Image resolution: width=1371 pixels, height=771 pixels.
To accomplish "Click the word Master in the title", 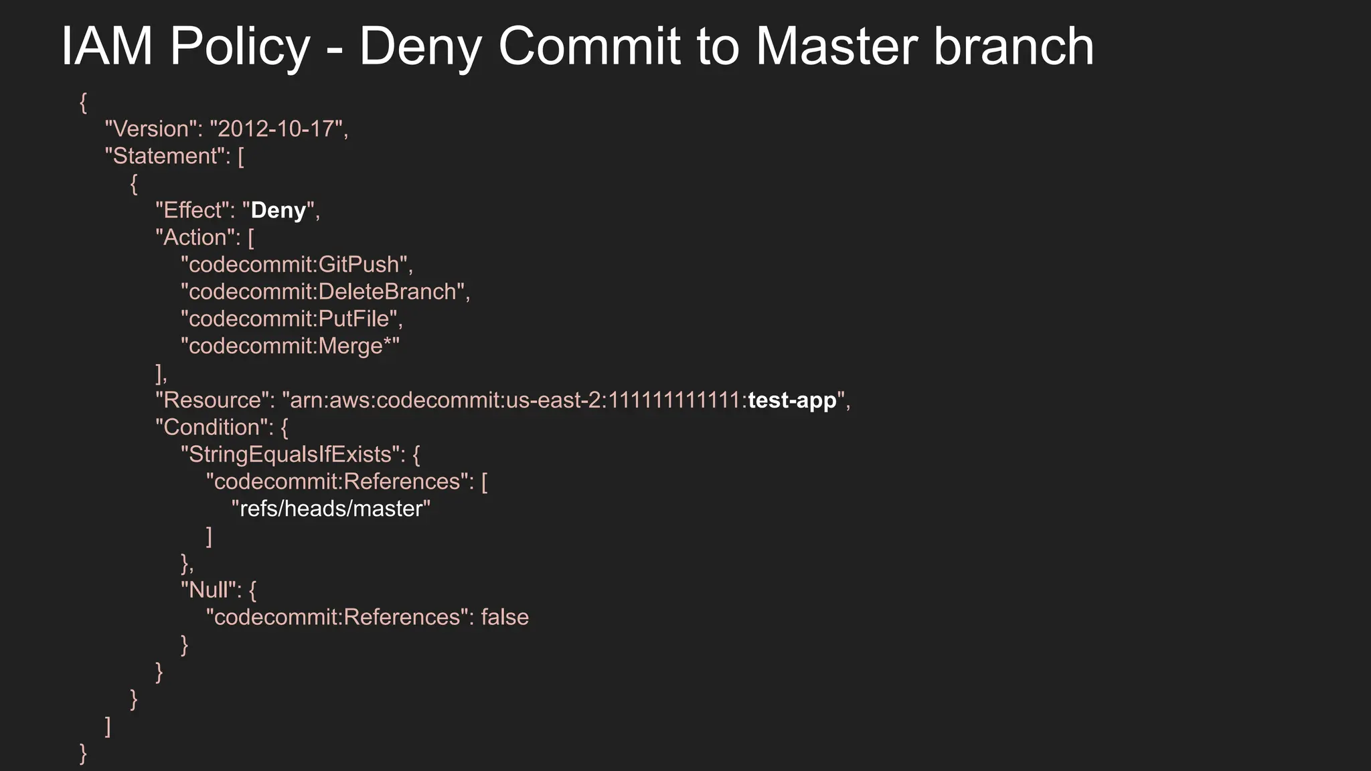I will click(837, 46).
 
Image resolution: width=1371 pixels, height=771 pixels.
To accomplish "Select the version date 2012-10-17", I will click(276, 128).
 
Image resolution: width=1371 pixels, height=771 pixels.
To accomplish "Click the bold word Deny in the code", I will click(278, 210).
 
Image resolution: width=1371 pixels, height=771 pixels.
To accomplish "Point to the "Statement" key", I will click(165, 156).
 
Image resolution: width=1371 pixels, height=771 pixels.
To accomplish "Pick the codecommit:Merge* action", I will click(290, 346).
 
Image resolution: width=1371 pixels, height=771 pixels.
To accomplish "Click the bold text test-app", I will click(792, 400).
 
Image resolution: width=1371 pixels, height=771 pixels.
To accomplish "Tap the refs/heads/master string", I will click(331, 509).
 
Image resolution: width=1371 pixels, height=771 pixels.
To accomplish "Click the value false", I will click(505, 617).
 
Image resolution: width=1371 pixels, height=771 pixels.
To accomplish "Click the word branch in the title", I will click(1014, 46).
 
